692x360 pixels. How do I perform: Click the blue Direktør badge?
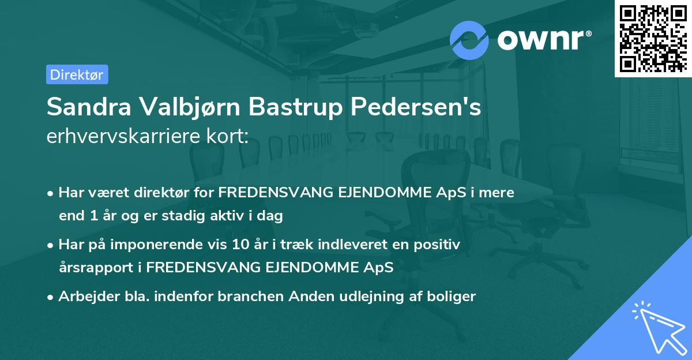(77, 74)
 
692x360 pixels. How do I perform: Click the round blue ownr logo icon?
(469, 40)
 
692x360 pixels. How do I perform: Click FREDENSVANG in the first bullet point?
(267, 193)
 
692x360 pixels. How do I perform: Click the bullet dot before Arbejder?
(51, 297)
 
